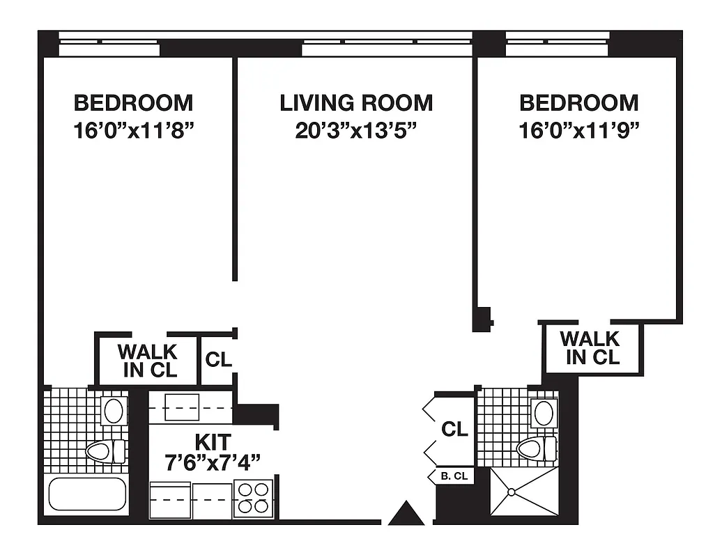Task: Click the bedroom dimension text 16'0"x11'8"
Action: click(x=133, y=131)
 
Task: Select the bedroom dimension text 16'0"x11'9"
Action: click(x=579, y=131)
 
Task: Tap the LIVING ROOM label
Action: click(x=356, y=103)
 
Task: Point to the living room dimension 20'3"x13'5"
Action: click(x=356, y=131)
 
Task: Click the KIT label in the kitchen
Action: click(x=213, y=441)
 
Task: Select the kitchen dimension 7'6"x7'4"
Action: click(x=213, y=461)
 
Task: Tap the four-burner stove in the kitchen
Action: click(x=253, y=498)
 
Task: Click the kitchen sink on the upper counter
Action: click(x=182, y=407)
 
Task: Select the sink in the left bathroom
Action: click(x=113, y=410)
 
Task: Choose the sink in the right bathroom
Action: click(x=544, y=413)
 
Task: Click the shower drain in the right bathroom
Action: click(x=512, y=492)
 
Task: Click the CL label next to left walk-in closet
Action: click(x=218, y=360)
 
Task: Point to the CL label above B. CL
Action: click(x=454, y=430)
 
